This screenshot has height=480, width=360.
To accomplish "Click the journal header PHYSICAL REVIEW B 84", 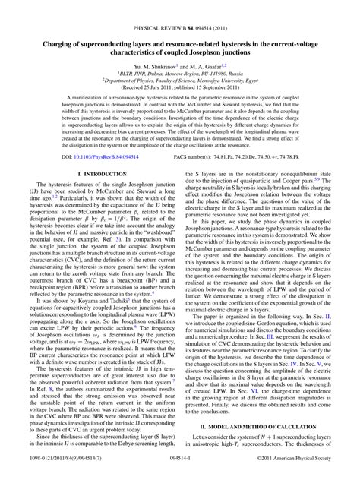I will (x=156, y=9).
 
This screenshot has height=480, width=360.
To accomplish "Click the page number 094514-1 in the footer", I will (x=180, y=472).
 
